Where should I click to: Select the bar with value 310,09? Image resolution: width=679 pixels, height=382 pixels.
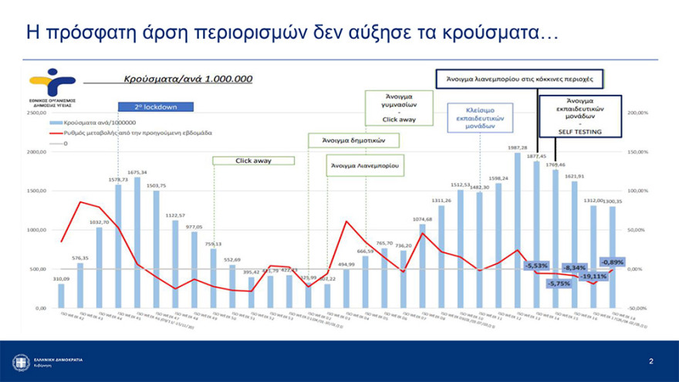pyautogui.click(x=61, y=296)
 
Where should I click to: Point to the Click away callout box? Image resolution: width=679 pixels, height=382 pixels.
pyautogui.click(x=253, y=161)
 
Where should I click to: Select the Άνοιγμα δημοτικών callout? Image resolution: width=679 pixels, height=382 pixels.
pyautogui.click(x=357, y=140)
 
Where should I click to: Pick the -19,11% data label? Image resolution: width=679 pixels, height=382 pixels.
pyautogui.click(x=594, y=276)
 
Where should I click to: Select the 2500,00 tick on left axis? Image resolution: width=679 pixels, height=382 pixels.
pyautogui.click(x=35, y=113)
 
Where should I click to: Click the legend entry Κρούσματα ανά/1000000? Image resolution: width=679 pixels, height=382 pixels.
pyautogui.click(x=92, y=123)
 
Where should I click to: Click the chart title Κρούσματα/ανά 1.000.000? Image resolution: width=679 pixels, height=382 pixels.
pyautogui.click(x=189, y=78)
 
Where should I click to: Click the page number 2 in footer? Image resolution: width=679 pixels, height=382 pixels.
pyautogui.click(x=651, y=360)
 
